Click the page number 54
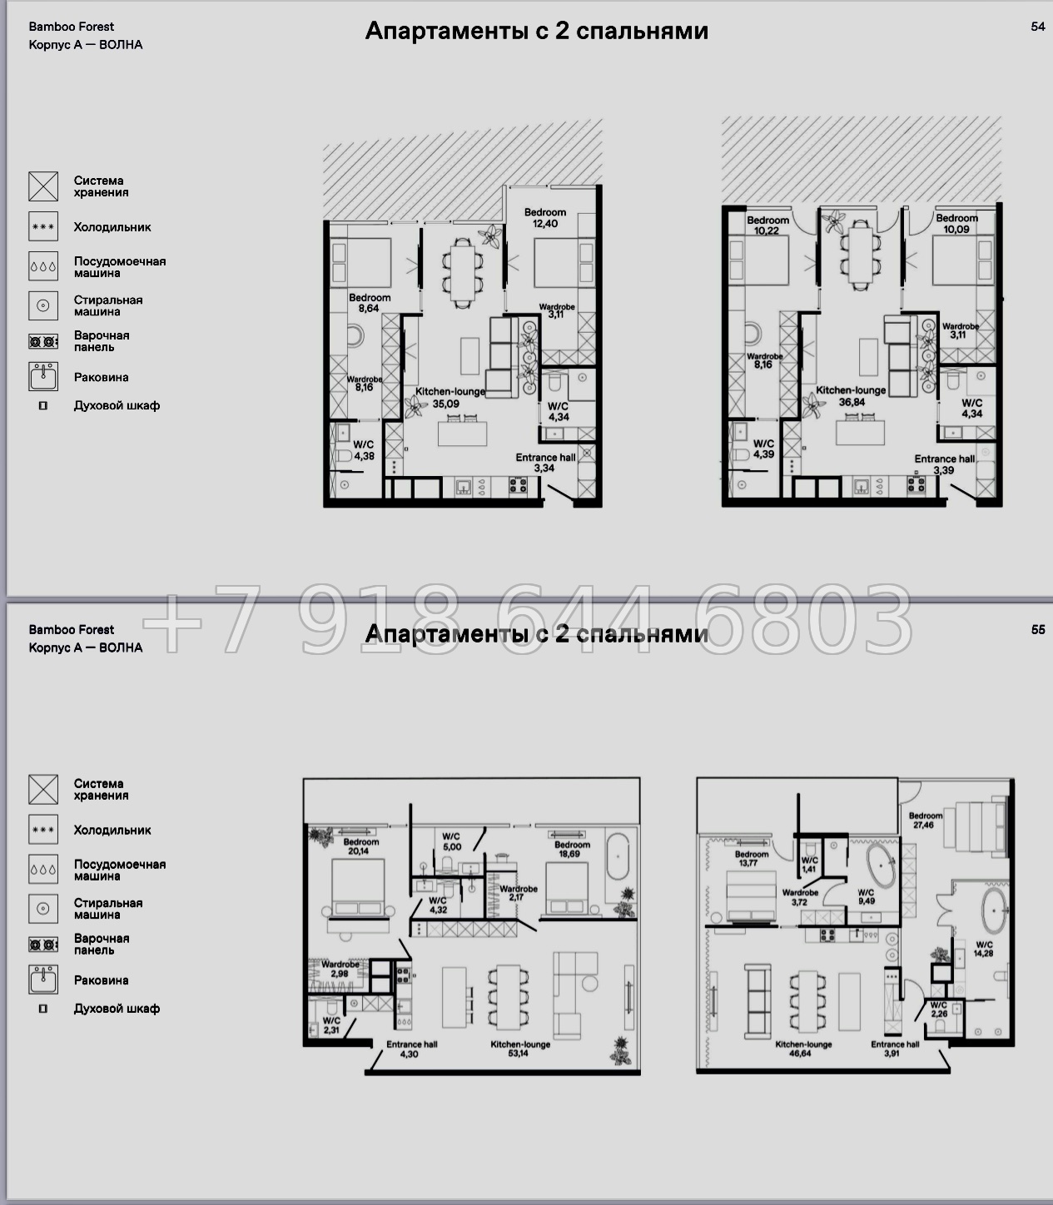[1038, 27]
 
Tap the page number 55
[1038, 630]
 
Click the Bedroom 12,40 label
[545, 218]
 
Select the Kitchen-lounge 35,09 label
[450, 398]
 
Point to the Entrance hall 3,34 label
[545, 463]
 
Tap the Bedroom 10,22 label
[767, 225]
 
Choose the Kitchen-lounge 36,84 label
[851, 396]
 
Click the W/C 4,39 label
[763, 449]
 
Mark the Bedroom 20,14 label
[360, 845]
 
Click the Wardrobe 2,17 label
[519, 893]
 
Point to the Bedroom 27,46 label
[925, 820]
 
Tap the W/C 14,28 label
[984, 949]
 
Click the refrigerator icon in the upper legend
[43, 226]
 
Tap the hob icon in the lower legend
[43, 945]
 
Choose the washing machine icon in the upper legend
[43, 305]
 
